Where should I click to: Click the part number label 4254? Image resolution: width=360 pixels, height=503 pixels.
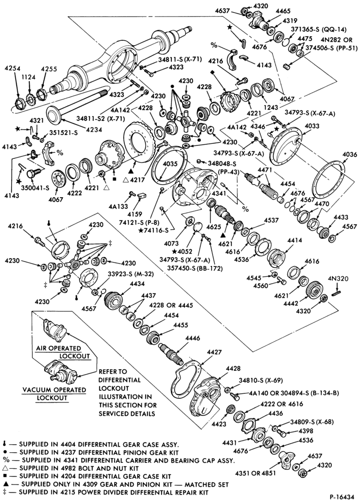coord(13,68)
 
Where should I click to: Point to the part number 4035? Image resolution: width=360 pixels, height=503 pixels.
coord(170,164)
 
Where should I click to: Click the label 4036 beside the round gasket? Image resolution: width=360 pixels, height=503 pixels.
coord(349,154)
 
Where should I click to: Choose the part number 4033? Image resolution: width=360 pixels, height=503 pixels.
coord(312,126)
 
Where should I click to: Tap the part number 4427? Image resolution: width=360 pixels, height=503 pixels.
coord(214,352)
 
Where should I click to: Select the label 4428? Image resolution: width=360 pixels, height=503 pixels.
coord(233,369)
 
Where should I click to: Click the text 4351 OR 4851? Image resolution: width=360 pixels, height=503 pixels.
coord(255,473)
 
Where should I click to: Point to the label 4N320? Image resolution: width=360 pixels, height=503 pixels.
coord(338,279)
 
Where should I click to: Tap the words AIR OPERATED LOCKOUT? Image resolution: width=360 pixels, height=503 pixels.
coord(63,352)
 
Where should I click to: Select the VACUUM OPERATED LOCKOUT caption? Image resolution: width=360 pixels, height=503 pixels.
coord(54,394)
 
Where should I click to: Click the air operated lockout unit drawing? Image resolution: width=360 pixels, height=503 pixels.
coord(55,329)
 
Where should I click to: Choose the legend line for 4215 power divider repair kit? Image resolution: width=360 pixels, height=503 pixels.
coord(106,492)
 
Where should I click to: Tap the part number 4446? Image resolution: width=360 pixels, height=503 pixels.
coord(193,338)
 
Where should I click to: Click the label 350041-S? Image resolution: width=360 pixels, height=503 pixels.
coord(34,188)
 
